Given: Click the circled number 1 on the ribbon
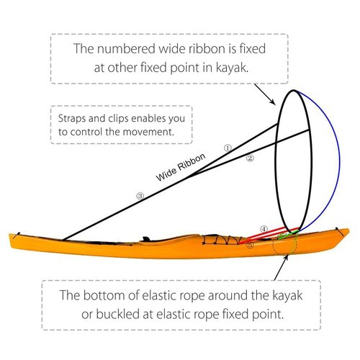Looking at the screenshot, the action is pyautogui.click(x=228, y=148).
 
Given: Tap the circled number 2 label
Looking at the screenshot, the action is pyautogui.click(x=250, y=158).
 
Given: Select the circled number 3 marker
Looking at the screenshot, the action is pyautogui.click(x=140, y=196).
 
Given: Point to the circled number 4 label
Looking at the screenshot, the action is pyautogui.click(x=264, y=229).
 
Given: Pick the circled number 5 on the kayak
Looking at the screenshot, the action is pyautogui.click(x=250, y=245).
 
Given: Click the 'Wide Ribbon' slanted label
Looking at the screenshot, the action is pyautogui.click(x=181, y=167).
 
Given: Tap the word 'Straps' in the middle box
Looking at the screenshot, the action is pyautogui.click(x=72, y=119).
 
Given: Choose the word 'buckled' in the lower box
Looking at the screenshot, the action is pyautogui.click(x=118, y=314).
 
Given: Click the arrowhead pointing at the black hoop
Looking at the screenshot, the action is pyautogui.click(x=273, y=102).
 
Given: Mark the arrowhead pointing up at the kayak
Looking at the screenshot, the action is pyautogui.click(x=286, y=258).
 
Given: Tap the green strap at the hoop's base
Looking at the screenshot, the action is pyautogui.click(x=289, y=234).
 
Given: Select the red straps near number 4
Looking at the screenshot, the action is pyautogui.click(x=268, y=235).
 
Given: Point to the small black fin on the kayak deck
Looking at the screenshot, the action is pyautogui.click(x=145, y=239).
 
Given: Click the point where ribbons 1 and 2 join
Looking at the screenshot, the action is pyautogui.click(x=189, y=177).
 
